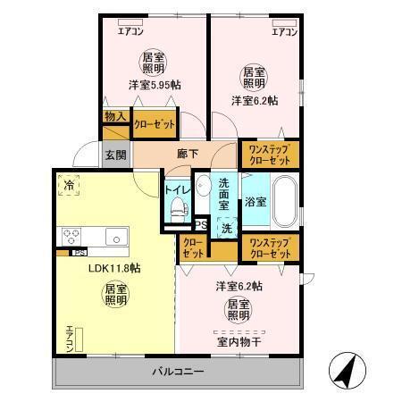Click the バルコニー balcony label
(178, 371)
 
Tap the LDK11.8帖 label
(113, 266)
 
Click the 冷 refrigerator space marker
(69, 186)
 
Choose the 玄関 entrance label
(115, 155)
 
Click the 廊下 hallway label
(188, 153)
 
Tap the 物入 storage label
(114, 116)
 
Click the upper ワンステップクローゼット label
(268, 154)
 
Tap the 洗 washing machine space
(227, 228)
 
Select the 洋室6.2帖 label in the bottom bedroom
(239, 287)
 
